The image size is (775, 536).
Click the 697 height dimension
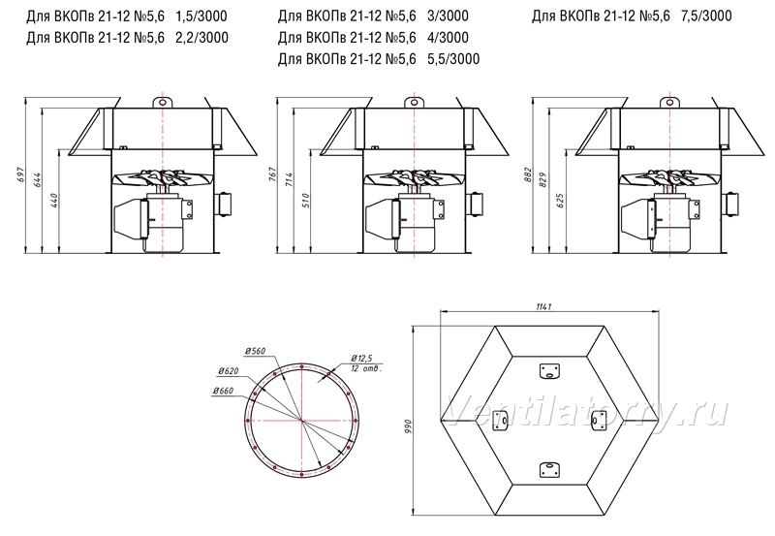(x=20, y=175)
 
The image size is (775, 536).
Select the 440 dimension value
(x=54, y=201)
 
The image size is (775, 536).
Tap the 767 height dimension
(x=272, y=175)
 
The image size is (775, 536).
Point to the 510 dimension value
(x=306, y=201)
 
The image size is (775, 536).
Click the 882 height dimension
(x=528, y=175)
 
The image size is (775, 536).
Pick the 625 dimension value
(x=561, y=201)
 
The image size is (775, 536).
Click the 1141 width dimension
(x=543, y=306)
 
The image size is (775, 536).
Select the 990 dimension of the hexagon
(x=408, y=426)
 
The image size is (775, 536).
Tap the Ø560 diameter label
(x=255, y=351)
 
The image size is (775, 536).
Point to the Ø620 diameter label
(x=228, y=371)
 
